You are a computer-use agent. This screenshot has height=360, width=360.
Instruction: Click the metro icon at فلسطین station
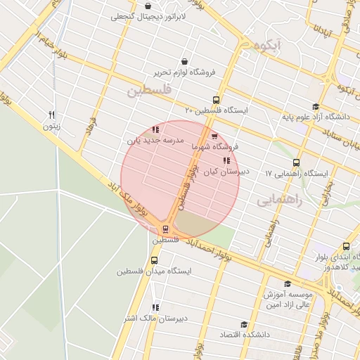coord(166,229)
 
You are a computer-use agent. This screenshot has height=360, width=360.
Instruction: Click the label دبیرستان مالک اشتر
coord(155,319)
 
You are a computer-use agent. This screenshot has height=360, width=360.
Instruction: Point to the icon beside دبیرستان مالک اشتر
coord(155,307)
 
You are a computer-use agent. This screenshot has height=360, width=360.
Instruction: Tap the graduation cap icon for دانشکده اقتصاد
coord(244,324)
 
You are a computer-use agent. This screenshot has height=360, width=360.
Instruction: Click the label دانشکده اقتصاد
coord(244,335)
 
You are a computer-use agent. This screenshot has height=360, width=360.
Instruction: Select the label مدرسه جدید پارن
coord(155,141)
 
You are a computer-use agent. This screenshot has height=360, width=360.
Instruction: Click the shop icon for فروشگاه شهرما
coord(214,136)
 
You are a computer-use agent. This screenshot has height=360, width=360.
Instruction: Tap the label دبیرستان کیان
coord(223,171)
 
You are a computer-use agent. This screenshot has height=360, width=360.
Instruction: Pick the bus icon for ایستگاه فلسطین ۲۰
coord(215,100)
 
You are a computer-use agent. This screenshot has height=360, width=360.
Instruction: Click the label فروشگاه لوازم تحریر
coord(184,72)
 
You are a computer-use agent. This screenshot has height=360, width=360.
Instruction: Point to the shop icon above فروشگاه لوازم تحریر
coord(184,61)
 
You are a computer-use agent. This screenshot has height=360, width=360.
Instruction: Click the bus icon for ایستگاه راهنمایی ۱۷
coord(296,163)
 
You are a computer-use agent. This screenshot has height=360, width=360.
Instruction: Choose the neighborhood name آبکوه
coord(269,46)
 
